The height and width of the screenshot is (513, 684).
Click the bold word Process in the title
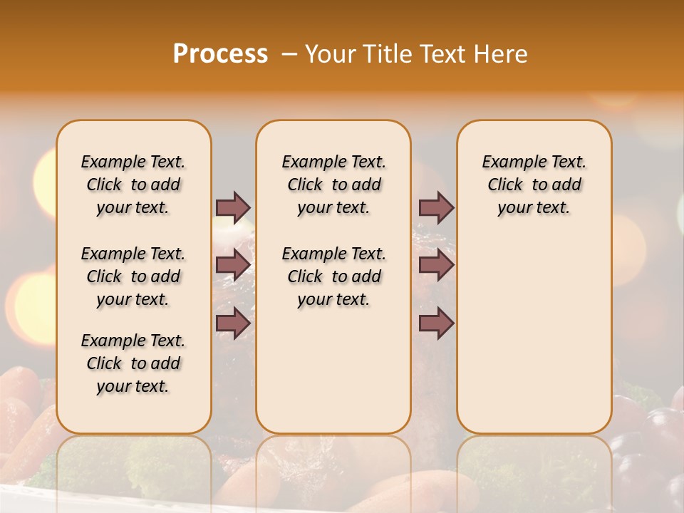pyautogui.click(x=220, y=53)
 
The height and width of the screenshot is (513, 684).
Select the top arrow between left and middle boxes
pyautogui.click(x=233, y=207)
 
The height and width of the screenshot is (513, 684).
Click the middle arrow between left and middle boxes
pyautogui.click(x=233, y=265)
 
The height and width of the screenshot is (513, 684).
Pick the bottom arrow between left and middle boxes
pyautogui.click(x=233, y=323)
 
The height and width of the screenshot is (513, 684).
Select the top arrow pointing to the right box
pyautogui.click(x=436, y=207)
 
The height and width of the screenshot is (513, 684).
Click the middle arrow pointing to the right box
pyautogui.click(x=436, y=265)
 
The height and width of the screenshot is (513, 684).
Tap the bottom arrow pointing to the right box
pyautogui.click(x=436, y=323)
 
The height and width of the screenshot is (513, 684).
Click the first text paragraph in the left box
pyautogui.click(x=133, y=185)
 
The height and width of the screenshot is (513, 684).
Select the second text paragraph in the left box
pyautogui.click(x=133, y=276)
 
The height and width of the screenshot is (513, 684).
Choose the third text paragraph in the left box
pyautogui.click(x=133, y=363)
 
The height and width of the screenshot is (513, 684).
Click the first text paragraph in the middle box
pyautogui.click(x=333, y=185)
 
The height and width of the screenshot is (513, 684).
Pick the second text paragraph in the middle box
pyautogui.click(x=333, y=276)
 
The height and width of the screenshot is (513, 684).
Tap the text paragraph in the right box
pyautogui.click(x=534, y=185)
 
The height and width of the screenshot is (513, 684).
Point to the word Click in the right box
pyautogui.click(x=505, y=185)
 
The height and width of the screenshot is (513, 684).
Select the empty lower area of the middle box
pyautogui.click(x=333, y=370)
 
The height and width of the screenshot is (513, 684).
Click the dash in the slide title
pyautogui.click(x=289, y=54)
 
